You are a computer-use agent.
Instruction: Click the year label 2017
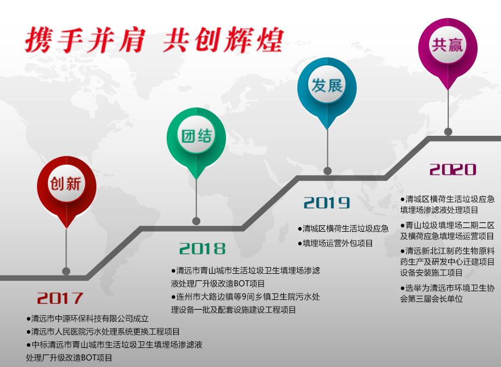click(x=60, y=298)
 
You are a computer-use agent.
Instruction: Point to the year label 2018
click(x=202, y=249)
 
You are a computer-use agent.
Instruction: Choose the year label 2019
click(x=327, y=202)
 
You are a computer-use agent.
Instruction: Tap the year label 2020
click(x=453, y=169)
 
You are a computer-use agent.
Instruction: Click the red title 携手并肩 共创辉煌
click(x=154, y=40)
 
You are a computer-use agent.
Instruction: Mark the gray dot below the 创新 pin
click(x=66, y=272)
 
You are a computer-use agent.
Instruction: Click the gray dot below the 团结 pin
click(x=196, y=221)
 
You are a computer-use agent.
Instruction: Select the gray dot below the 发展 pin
click(x=327, y=171)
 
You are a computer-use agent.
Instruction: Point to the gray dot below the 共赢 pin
click(x=448, y=131)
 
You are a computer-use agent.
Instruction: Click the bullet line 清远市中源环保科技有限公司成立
click(x=88, y=318)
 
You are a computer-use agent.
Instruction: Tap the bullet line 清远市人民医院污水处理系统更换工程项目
click(x=103, y=332)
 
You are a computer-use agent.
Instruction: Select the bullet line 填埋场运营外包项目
click(x=335, y=244)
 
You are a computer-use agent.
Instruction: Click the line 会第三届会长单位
click(x=431, y=299)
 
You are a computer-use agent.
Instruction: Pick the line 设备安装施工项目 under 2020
click(x=431, y=273)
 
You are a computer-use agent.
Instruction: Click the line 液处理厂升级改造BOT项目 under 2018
click(x=218, y=284)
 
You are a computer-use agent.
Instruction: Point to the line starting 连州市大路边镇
click(x=246, y=297)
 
